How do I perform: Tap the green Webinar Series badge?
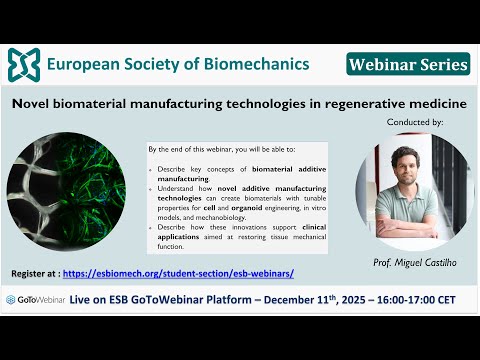(x=408, y=64)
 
